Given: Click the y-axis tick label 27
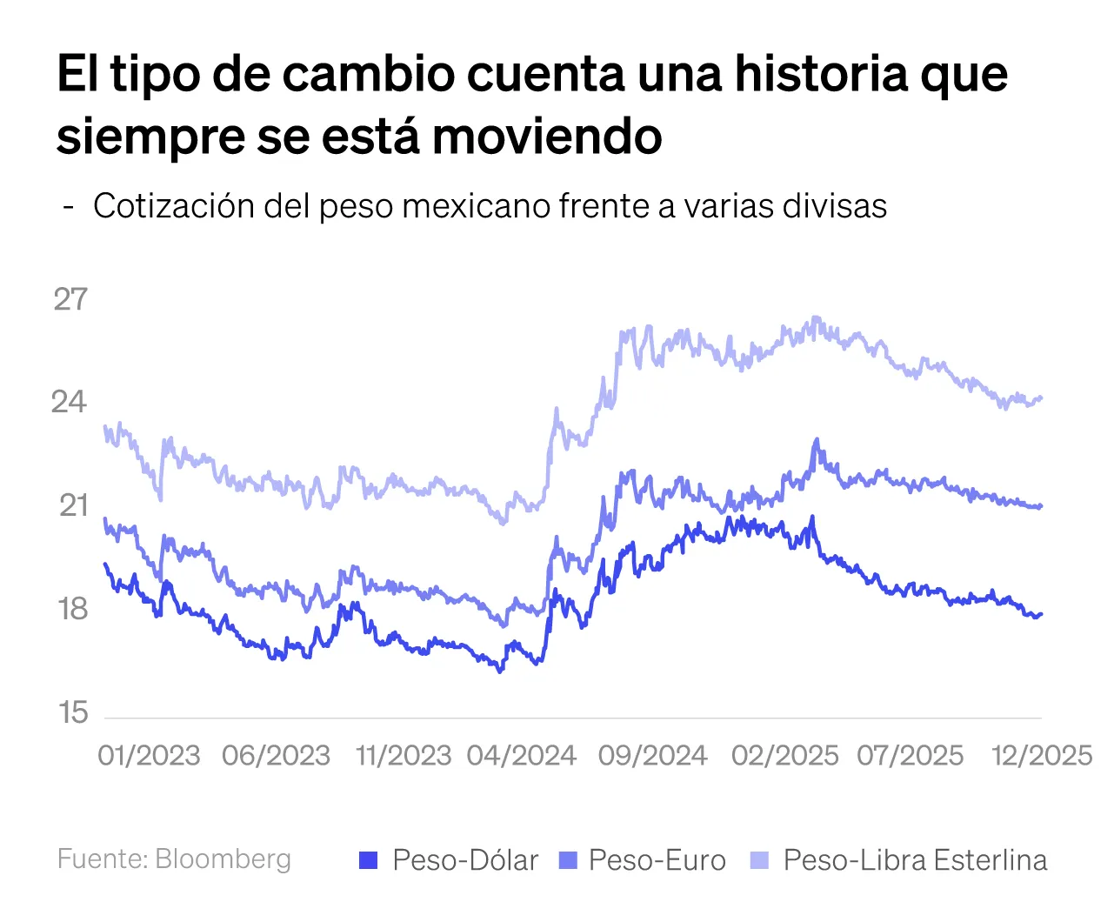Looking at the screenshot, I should pyautogui.click(x=71, y=299).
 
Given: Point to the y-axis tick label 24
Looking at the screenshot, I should pyautogui.click(x=70, y=402).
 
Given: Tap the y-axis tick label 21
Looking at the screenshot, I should pyautogui.click(x=73, y=505).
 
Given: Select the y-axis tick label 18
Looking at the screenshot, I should pyautogui.click(x=73, y=609).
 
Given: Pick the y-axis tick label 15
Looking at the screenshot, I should pyautogui.click(x=73, y=712).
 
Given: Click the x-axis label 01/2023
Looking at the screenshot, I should pyautogui.click(x=149, y=755).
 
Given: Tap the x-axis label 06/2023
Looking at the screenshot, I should pyautogui.click(x=276, y=755).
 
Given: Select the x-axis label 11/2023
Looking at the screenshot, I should pyautogui.click(x=404, y=755).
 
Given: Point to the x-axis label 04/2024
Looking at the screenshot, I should pyautogui.click(x=522, y=755).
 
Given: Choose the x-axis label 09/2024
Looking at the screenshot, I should pyautogui.click(x=652, y=755).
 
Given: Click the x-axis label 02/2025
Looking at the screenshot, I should pyautogui.click(x=784, y=755).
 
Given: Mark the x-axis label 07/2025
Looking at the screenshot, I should pyautogui.click(x=911, y=755).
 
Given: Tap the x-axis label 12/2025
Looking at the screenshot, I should pyautogui.click(x=1043, y=755).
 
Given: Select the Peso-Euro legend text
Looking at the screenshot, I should pyautogui.click(x=657, y=860).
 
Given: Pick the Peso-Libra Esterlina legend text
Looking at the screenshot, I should pyautogui.click(x=915, y=860).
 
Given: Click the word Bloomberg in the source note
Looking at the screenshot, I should pyautogui.click(x=223, y=859).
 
